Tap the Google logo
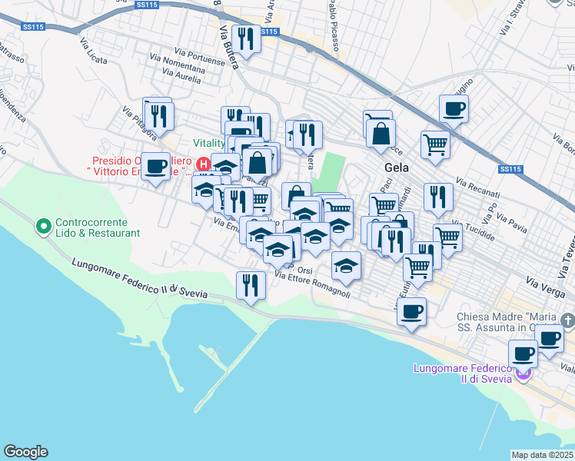click(25, 452)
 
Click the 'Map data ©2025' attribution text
click(543, 455)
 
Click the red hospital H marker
click(203, 164)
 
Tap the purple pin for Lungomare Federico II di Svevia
click(523, 373)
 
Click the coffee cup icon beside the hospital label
click(156, 166)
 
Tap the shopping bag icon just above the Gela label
click(381, 134)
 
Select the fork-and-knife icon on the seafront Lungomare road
click(250, 286)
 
